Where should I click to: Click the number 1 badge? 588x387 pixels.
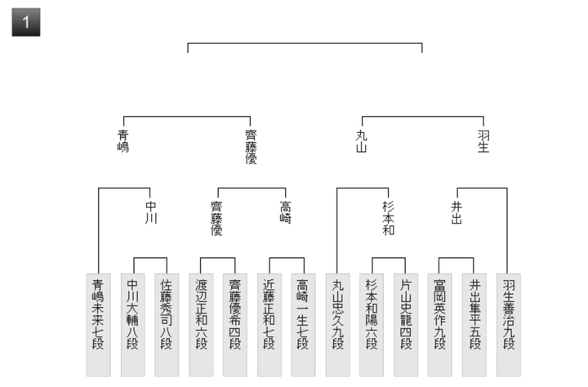26,22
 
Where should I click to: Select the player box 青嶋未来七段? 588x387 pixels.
98,325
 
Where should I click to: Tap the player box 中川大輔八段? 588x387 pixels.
133,325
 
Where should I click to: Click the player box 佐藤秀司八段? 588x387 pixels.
167,325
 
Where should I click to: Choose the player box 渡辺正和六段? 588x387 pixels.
201,325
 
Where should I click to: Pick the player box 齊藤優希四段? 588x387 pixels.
235,325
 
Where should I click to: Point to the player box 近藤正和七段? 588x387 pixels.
269,325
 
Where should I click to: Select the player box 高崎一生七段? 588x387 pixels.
303,325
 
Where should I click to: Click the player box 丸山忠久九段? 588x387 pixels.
337,325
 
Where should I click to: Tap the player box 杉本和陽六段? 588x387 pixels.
372,325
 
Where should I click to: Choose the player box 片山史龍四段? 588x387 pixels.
406,325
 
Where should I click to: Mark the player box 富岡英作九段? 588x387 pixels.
439,325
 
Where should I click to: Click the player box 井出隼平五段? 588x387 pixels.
474,325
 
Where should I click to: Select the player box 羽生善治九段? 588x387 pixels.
509,325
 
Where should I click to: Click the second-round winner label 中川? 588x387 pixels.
151,212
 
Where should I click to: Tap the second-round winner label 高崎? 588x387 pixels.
285,212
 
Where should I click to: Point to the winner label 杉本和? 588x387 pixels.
388,218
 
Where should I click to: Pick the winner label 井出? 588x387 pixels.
457,212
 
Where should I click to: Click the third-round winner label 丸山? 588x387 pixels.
362,141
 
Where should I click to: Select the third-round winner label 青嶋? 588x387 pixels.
123,141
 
